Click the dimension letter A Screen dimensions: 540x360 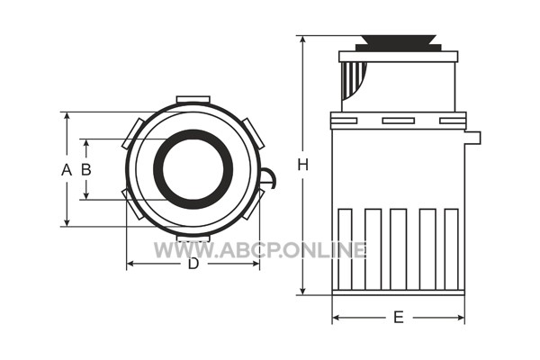point(67,170)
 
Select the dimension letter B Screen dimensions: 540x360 point(86,169)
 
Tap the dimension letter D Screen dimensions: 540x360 point(193,264)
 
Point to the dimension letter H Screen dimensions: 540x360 point(302,166)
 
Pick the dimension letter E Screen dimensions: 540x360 point(399,318)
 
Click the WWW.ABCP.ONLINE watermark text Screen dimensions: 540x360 point(260,250)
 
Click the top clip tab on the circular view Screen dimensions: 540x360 point(193,100)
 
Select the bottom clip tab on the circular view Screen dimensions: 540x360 point(193,238)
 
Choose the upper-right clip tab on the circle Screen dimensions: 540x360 point(253,133)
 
